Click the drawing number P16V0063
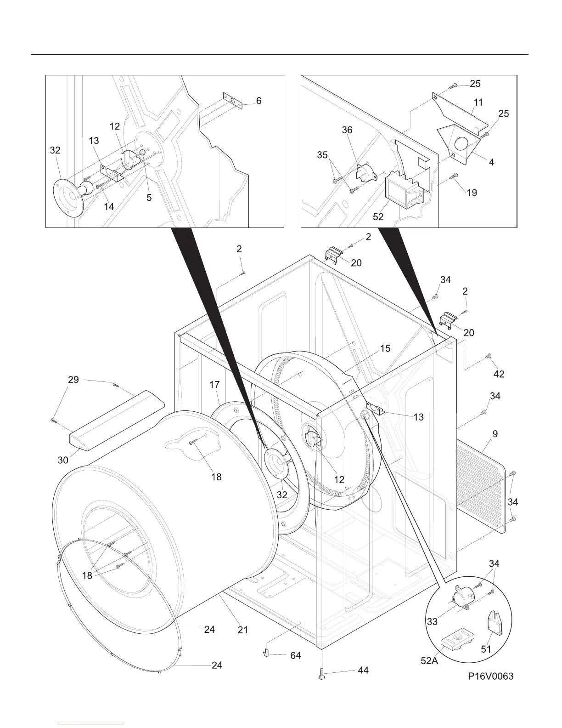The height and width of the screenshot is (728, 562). pyautogui.click(x=491, y=676)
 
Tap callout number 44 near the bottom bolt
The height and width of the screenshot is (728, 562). pyautogui.click(x=363, y=671)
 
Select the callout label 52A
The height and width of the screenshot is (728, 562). pyautogui.click(x=429, y=661)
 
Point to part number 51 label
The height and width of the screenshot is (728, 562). pyautogui.click(x=486, y=649)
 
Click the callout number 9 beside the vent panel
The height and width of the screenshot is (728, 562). pyautogui.click(x=495, y=433)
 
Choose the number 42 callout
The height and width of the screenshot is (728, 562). pyautogui.click(x=499, y=374)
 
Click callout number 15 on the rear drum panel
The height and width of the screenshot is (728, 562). pyautogui.click(x=385, y=348)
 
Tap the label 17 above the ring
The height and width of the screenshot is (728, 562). pyautogui.click(x=215, y=385)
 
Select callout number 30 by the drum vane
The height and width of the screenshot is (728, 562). pyautogui.click(x=63, y=459)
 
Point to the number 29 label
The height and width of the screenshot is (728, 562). pyautogui.click(x=73, y=380)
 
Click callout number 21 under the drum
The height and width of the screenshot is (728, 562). pyautogui.click(x=243, y=630)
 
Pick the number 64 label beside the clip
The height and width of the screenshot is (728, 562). pyautogui.click(x=296, y=655)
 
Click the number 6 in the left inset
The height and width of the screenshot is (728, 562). pyautogui.click(x=259, y=100)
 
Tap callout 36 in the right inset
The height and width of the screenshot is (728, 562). pyautogui.click(x=347, y=130)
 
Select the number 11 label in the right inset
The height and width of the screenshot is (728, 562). pyautogui.click(x=478, y=102)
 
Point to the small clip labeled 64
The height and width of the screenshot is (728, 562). pyautogui.click(x=265, y=653)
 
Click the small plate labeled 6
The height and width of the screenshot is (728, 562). pyautogui.click(x=232, y=101)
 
